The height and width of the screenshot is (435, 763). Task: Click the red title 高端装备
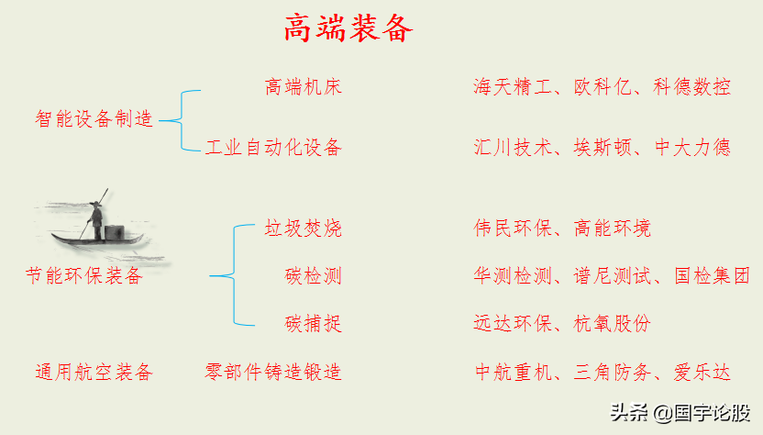[348, 28]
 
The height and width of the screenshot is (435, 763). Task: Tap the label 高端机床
[304, 87]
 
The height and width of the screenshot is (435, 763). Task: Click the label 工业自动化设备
[273, 147]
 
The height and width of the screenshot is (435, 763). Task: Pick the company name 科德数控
[692, 87]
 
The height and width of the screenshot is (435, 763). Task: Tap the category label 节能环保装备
[84, 275]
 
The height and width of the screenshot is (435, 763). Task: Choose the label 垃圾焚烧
[304, 228]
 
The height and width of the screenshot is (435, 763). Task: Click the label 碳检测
[314, 275]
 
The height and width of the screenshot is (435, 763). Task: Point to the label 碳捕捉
[314, 323]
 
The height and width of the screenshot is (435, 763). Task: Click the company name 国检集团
[712, 275]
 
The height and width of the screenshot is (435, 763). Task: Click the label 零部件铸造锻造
[273, 372]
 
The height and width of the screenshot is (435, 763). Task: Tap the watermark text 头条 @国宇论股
[681, 413]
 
